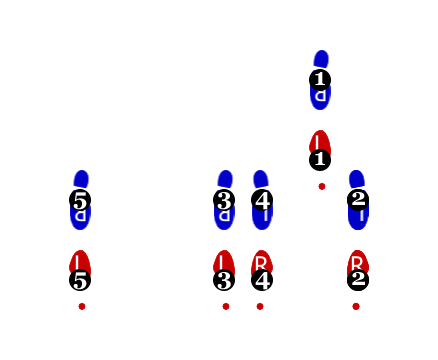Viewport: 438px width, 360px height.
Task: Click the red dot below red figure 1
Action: coord(322,186)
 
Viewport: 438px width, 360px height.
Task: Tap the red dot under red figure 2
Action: coord(356,306)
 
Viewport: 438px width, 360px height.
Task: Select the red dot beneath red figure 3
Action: coord(226,306)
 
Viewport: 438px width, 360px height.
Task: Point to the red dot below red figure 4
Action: coord(260,306)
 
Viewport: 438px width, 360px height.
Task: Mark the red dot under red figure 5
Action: coord(82,306)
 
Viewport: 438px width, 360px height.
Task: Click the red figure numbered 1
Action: coord(320,146)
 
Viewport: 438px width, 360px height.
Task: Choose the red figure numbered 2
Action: coord(357,266)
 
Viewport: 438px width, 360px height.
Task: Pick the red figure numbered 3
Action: coord(224,266)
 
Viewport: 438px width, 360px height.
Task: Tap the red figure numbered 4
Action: coord(262,266)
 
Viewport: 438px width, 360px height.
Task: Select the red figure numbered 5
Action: coord(80,266)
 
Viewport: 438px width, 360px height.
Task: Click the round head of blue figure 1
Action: coord(321,58)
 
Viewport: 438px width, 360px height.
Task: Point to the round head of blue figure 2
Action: coord(357,178)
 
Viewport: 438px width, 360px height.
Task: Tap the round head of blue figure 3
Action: coord(225,178)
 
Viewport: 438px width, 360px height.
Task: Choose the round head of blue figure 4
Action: coord(261,178)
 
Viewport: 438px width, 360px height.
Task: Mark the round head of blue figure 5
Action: coord(81,178)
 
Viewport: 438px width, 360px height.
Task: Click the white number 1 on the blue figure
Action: coord(320,78)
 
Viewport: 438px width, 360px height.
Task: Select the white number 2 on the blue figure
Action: coord(358,198)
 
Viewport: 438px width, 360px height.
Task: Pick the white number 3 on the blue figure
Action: coord(224,200)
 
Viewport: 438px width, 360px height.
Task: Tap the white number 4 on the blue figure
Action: coord(262,200)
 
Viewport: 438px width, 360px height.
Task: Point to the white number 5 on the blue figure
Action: coord(80,200)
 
